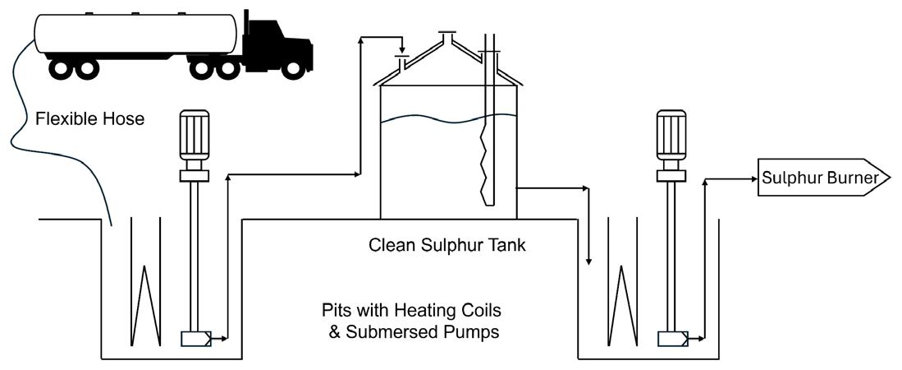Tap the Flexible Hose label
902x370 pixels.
point(90,119)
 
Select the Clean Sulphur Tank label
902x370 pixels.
point(447,245)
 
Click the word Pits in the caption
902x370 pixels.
point(338,312)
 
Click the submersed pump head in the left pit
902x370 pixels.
point(195,338)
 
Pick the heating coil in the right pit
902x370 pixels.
point(622,304)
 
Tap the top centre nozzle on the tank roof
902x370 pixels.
point(446,38)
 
